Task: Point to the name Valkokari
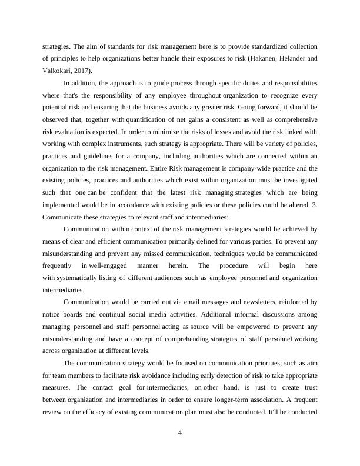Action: [x=55, y=70]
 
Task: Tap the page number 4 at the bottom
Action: [x=180, y=434]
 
